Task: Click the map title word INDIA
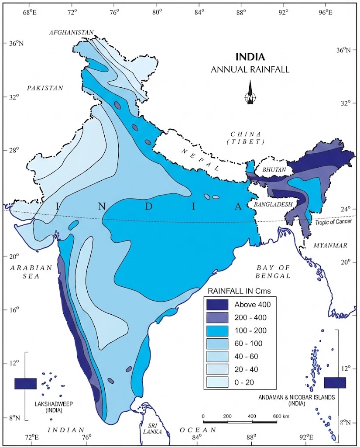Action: click(250, 57)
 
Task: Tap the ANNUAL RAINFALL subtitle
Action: click(250, 69)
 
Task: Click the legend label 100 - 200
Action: click(251, 330)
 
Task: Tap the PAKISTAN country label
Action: click(45, 88)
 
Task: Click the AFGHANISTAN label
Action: click(72, 33)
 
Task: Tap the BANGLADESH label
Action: click(269, 204)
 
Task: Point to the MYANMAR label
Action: click(330, 246)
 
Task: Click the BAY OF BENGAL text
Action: click(274, 272)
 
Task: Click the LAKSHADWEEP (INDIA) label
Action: click(48, 407)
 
